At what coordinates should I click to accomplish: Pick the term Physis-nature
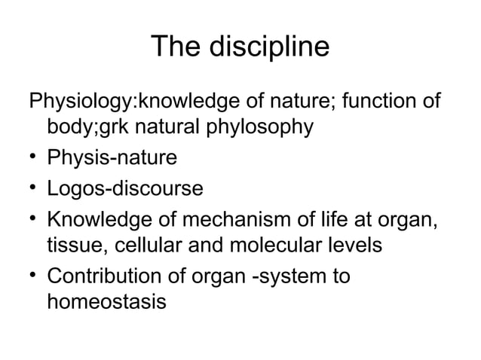click(112, 158)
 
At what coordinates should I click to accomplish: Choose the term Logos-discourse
click(125, 188)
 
